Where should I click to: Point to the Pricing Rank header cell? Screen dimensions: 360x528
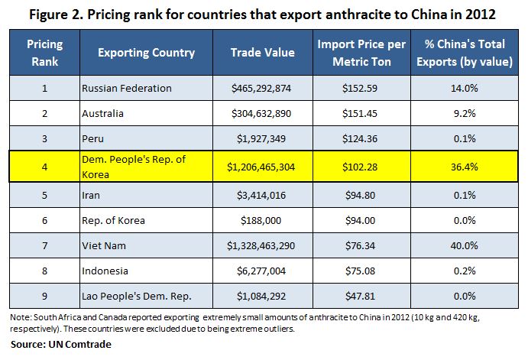pyautogui.click(x=44, y=53)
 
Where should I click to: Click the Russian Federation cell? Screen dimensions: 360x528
pyautogui.click(x=127, y=88)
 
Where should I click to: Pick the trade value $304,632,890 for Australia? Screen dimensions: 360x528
pyautogui.click(x=262, y=113)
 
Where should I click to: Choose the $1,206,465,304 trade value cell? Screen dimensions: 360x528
pyautogui.click(x=262, y=165)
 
